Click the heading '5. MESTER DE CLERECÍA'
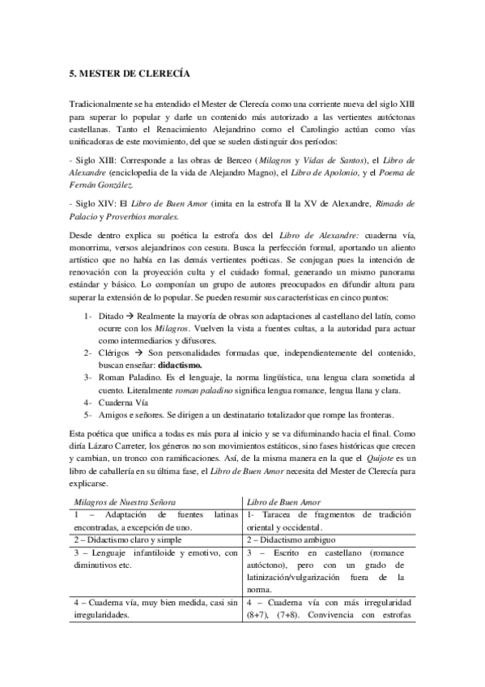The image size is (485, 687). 130,73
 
